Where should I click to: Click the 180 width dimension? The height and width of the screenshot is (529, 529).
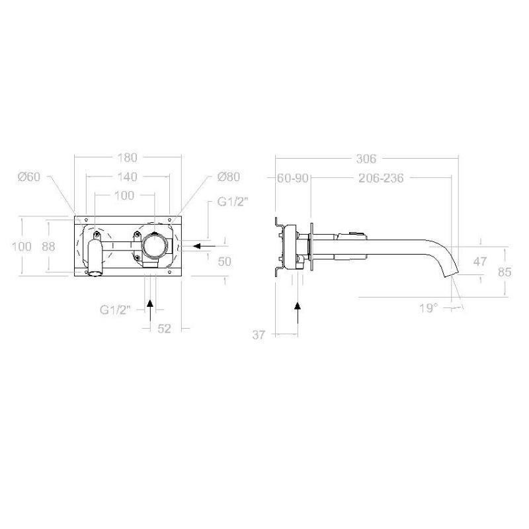[x=128, y=157]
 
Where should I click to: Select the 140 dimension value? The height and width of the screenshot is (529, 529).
[x=128, y=177]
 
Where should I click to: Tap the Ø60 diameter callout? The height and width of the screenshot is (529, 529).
[x=29, y=177]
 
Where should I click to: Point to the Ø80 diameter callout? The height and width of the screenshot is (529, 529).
[x=229, y=177]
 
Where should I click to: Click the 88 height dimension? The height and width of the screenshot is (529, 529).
[x=48, y=247]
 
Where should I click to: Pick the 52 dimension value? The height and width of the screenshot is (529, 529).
[x=164, y=328]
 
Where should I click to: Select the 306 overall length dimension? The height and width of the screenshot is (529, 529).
[x=366, y=159]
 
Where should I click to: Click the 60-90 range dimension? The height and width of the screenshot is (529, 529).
[x=292, y=178]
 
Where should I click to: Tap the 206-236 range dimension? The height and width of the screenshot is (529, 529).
[x=381, y=178]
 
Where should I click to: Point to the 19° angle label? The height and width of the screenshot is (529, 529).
[x=428, y=308]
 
